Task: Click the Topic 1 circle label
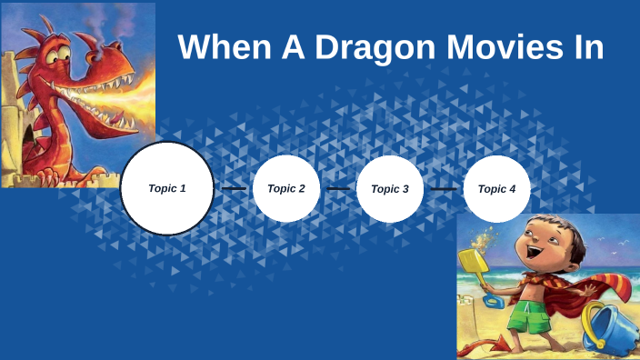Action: pyautogui.click(x=167, y=188)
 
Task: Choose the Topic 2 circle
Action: pyautogui.click(x=286, y=189)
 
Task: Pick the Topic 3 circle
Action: pyautogui.click(x=390, y=189)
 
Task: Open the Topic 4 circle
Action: pyautogui.click(x=496, y=189)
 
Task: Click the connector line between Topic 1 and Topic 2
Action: pyautogui.click(x=234, y=189)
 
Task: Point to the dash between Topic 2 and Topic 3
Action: pyautogui.click(x=338, y=189)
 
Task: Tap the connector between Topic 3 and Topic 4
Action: pyautogui.click(x=444, y=189)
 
